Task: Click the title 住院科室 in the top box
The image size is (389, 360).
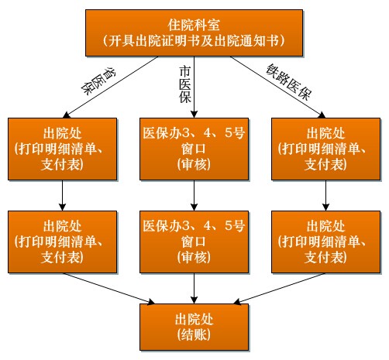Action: tap(194, 25)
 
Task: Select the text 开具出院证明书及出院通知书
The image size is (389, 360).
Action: tap(194, 41)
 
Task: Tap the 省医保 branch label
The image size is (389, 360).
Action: tap(98, 81)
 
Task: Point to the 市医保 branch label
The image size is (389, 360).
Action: tap(185, 84)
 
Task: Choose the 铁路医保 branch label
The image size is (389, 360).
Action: tap(289, 82)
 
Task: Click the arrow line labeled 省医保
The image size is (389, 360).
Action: tap(111, 87)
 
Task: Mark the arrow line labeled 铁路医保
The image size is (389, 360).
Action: tap(278, 87)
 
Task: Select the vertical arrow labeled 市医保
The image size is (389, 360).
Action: tap(194, 87)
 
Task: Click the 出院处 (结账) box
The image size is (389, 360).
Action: tap(194, 327)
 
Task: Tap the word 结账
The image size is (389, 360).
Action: tap(194, 335)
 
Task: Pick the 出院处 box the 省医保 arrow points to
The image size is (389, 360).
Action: tap(63, 149)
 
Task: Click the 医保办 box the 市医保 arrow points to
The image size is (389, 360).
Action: tap(194, 149)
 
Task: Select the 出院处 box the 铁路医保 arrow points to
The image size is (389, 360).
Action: tap(325, 149)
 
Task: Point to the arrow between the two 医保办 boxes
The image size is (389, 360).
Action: tap(194, 195)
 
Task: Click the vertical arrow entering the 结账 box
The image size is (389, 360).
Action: tap(194, 288)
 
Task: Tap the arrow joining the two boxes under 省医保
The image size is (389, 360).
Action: tap(63, 195)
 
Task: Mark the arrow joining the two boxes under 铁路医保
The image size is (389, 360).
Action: tap(325, 195)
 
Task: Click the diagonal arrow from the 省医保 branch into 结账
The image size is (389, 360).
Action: tap(108, 288)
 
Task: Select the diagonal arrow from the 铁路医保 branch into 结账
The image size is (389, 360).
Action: tap(280, 288)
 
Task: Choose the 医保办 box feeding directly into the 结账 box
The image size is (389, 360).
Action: tap(194, 242)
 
